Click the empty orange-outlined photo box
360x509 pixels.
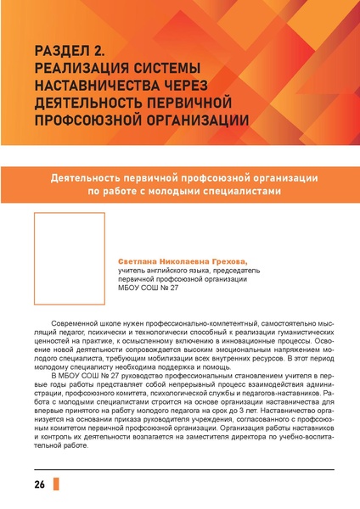[68, 258]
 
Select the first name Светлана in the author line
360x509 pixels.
[138, 262]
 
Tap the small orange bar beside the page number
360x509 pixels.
[56, 484]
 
